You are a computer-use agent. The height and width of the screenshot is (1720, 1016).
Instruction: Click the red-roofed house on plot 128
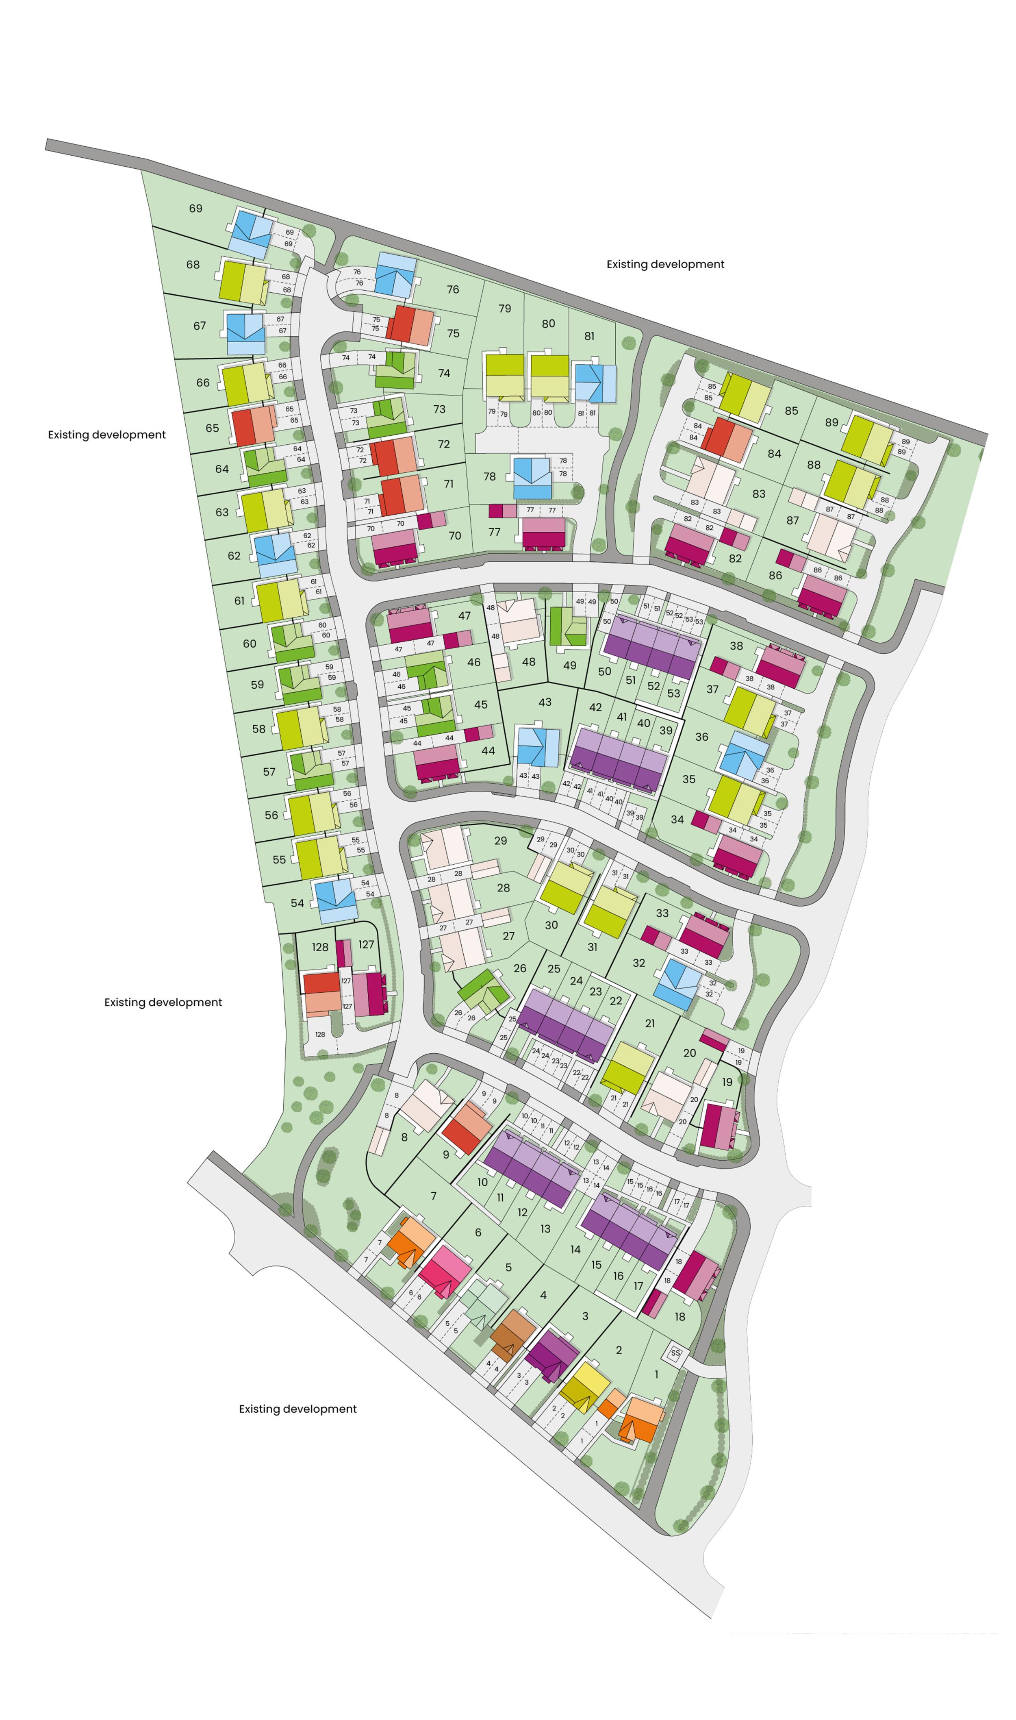click(322, 994)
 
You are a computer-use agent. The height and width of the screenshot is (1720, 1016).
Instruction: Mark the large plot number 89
click(831, 422)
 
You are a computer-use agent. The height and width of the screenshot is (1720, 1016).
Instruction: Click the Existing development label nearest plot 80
click(665, 264)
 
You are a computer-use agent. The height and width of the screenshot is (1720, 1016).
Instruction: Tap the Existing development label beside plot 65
click(107, 435)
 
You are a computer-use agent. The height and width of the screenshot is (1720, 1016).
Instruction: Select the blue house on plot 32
click(678, 984)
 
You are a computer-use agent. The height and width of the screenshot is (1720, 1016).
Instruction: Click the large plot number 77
click(494, 532)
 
